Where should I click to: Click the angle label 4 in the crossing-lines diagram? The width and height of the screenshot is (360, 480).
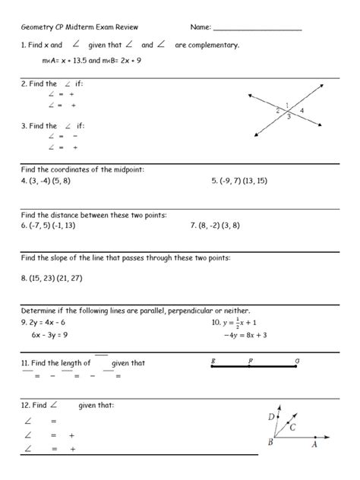coord(302,111)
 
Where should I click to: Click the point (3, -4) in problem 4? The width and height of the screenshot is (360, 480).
coord(37,182)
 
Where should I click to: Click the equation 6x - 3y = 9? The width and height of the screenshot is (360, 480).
coord(52,334)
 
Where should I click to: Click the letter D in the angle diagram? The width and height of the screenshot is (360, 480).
coord(271,416)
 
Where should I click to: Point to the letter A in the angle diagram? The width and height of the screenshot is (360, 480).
coord(314,446)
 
